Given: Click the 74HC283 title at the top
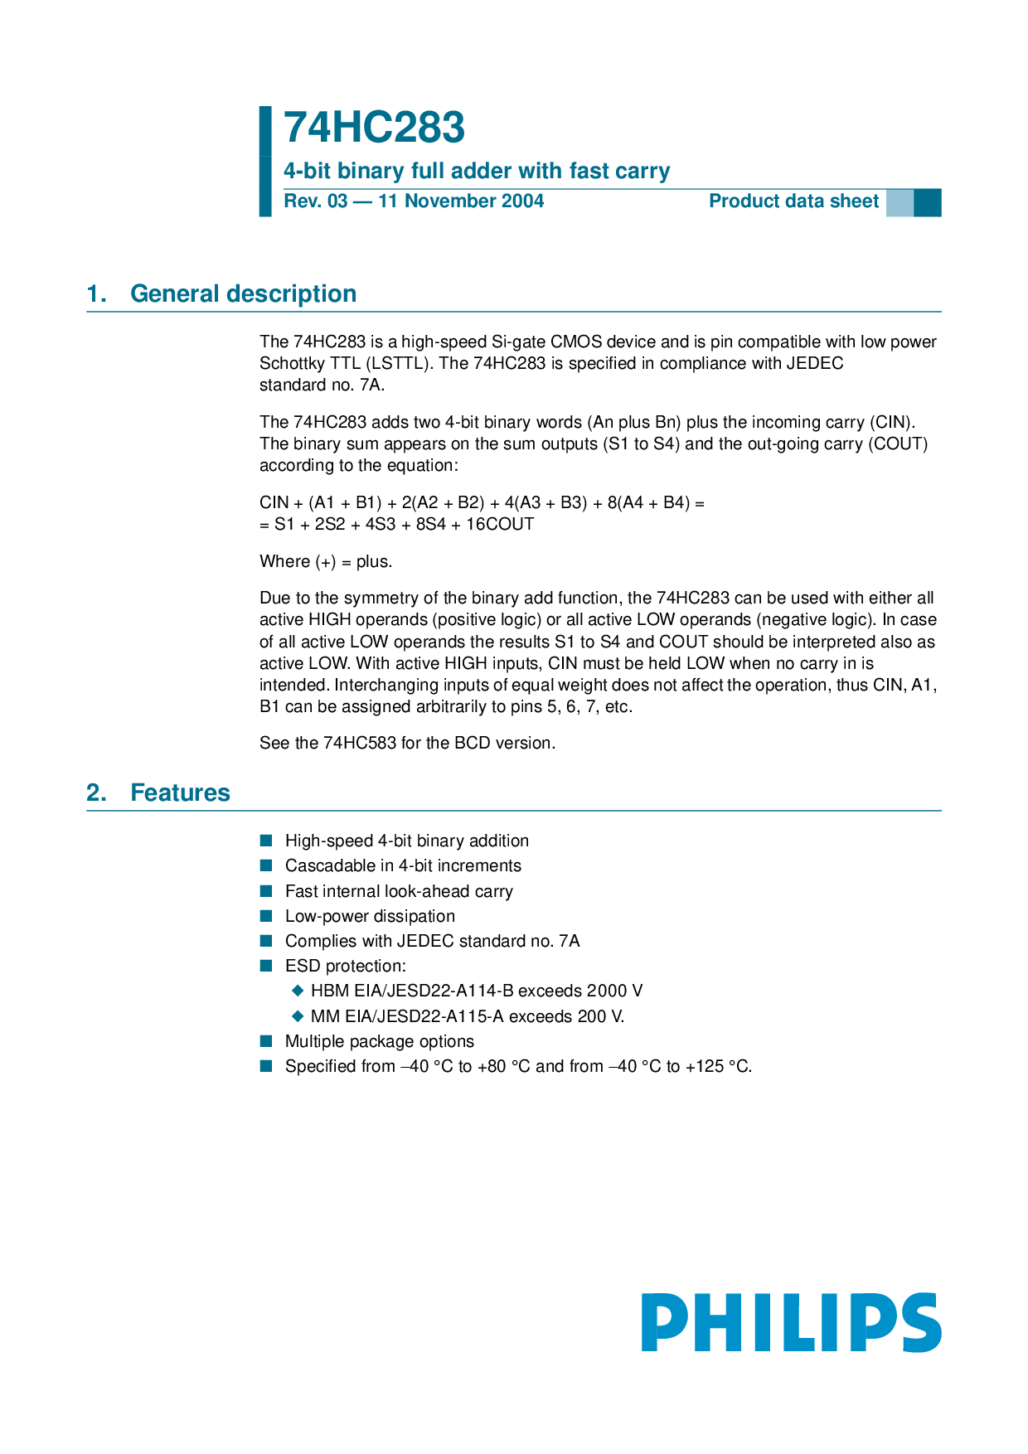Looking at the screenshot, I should pyautogui.click(x=374, y=128).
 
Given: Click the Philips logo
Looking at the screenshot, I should pyautogui.click(x=791, y=1322).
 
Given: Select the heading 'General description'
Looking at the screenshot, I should pyautogui.click(x=243, y=293).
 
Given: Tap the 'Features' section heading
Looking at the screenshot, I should pyautogui.click(x=180, y=792).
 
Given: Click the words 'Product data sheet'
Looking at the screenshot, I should pyautogui.click(x=793, y=201).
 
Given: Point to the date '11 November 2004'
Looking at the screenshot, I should pyautogui.click(x=461, y=201).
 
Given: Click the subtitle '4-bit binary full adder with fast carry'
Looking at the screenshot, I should pyautogui.click(x=477, y=171).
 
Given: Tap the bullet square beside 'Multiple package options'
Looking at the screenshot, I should pyautogui.click(x=266, y=1041).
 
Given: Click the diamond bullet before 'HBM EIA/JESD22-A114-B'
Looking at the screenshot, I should pyautogui.click(x=298, y=991).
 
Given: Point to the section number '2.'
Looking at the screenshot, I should pyautogui.click(x=96, y=792).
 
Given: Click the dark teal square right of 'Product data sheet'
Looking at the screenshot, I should pyautogui.click(x=928, y=202).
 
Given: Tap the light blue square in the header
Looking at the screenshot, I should pyautogui.click(x=899, y=202).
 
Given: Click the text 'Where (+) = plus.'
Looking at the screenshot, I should pyautogui.click(x=326, y=561).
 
